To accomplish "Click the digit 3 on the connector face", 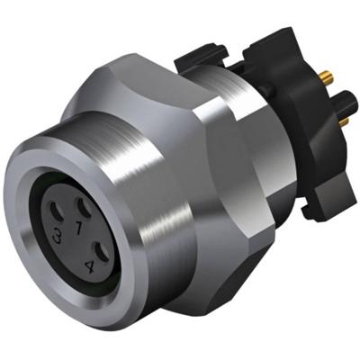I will [x=58, y=237].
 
